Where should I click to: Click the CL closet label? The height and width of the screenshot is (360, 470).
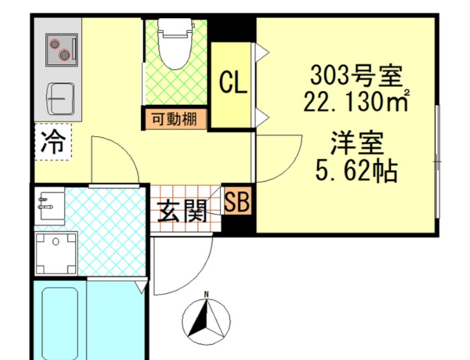(233, 84)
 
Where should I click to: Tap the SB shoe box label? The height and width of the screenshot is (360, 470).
(237, 202)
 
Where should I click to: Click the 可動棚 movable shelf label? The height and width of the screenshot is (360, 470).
(174, 120)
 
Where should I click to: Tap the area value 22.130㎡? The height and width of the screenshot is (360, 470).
(355, 103)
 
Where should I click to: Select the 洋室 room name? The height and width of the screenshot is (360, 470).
(355, 144)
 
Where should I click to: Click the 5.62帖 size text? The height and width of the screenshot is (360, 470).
(355, 172)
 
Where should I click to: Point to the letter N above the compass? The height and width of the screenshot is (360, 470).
(207, 294)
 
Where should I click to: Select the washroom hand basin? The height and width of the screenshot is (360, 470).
(49, 204)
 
